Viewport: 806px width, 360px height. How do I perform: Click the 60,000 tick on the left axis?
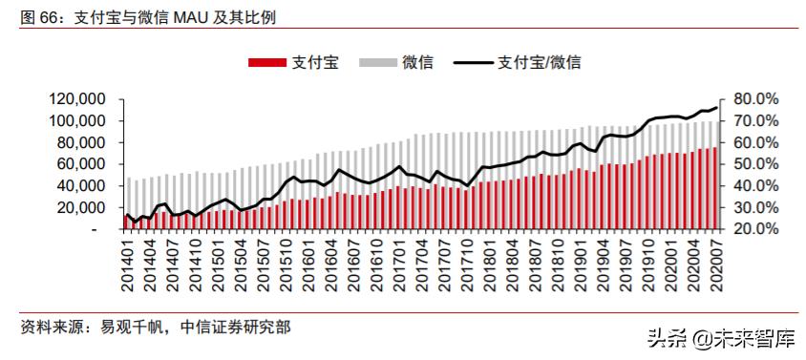tap(78, 164)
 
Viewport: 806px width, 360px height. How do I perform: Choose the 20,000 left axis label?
tap(78, 208)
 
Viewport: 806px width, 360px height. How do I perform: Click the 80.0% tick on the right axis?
tap(758, 99)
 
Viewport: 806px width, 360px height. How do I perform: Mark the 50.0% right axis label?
tap(758, 164)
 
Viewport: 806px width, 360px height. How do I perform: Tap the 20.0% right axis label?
tap(758, 230)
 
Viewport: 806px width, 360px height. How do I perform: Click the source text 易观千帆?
tap(132, 328)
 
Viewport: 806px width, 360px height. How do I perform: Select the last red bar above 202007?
tap(714, 189)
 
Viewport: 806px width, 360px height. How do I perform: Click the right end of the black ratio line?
tap(716, 108)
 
